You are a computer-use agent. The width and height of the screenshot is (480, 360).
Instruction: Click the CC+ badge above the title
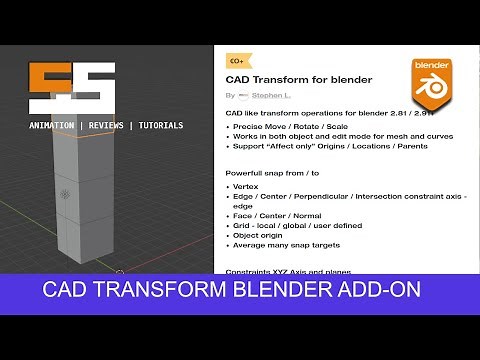click(236, 61)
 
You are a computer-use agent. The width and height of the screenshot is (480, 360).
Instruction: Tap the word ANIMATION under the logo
click(52, 125)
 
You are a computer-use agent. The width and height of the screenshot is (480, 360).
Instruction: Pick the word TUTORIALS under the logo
click(160, 125)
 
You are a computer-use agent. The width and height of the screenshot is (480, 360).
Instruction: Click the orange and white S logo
click(71, 88)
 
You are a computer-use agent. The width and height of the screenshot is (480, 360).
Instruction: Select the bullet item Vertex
click(246, 187)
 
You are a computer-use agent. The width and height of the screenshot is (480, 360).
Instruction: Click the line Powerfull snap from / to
click(277, 173)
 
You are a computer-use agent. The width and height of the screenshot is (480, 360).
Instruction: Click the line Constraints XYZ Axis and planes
click(289, 272)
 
